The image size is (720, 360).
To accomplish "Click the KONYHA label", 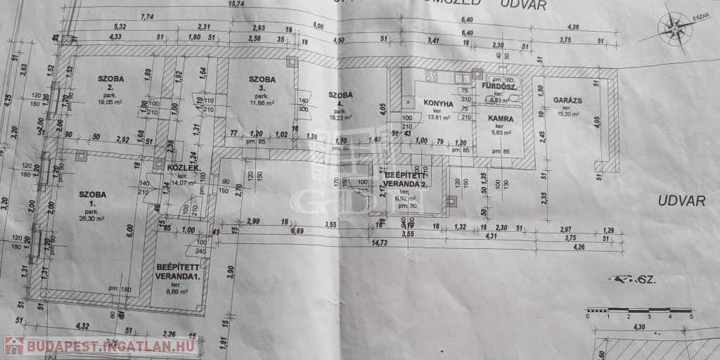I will (438, 103).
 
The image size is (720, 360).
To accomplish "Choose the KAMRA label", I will (501, 119).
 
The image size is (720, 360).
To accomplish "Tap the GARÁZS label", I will (567, 101).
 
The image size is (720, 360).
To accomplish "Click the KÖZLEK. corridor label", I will (184, 167).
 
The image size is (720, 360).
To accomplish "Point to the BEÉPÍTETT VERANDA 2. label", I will (403, 179).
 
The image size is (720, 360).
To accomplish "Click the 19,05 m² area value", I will (112, 101).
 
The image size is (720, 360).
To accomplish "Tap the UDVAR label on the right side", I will (681, 200).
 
